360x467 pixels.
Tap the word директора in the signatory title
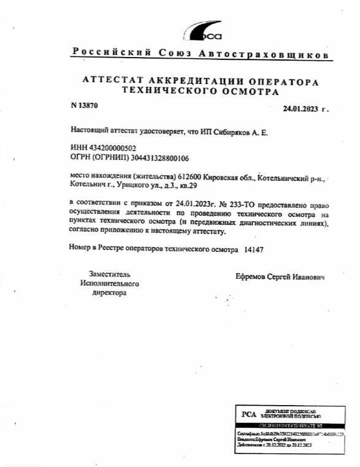(109, 293)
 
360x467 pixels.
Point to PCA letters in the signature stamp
(248, 413)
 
